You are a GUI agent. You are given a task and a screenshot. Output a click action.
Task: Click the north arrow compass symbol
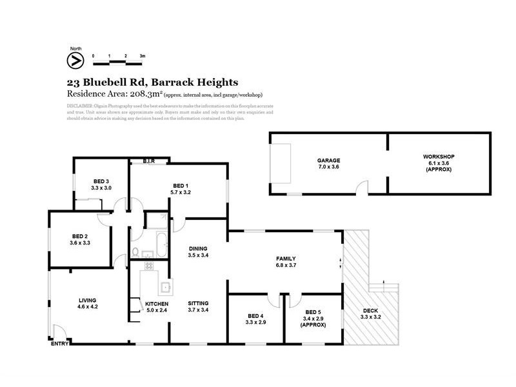(x=75, y=60)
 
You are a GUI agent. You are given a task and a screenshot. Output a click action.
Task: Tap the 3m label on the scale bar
(x=142, y=56)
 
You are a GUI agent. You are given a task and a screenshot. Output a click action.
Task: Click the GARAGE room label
(x=328, y=161)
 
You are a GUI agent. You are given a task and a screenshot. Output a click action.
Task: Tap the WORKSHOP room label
(x=439, y=157)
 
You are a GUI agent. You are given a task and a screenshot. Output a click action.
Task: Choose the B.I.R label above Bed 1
(x=148, y=161)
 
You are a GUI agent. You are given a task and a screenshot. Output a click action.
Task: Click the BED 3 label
(x=101, y=181)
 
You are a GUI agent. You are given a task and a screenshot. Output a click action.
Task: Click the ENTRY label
(x=59, y=344)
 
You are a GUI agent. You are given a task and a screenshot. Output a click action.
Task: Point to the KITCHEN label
(x=157, y=303)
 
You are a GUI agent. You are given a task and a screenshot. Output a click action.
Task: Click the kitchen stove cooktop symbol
(x=148, y=265)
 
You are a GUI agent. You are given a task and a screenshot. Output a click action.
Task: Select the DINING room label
(x=199, y=248)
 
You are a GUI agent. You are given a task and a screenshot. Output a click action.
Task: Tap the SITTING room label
(x=199, y=303)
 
